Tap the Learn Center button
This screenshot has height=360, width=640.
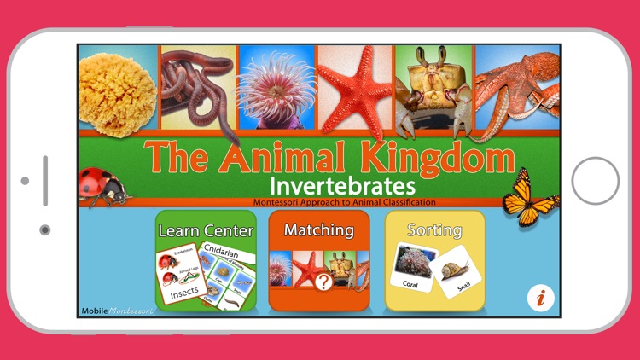pos(206,261)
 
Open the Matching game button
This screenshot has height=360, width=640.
pos(319,261)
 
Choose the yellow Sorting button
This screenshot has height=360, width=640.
pos(435,261)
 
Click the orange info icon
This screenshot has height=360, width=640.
pos(540,298)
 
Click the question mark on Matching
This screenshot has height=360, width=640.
pos(323,282)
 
